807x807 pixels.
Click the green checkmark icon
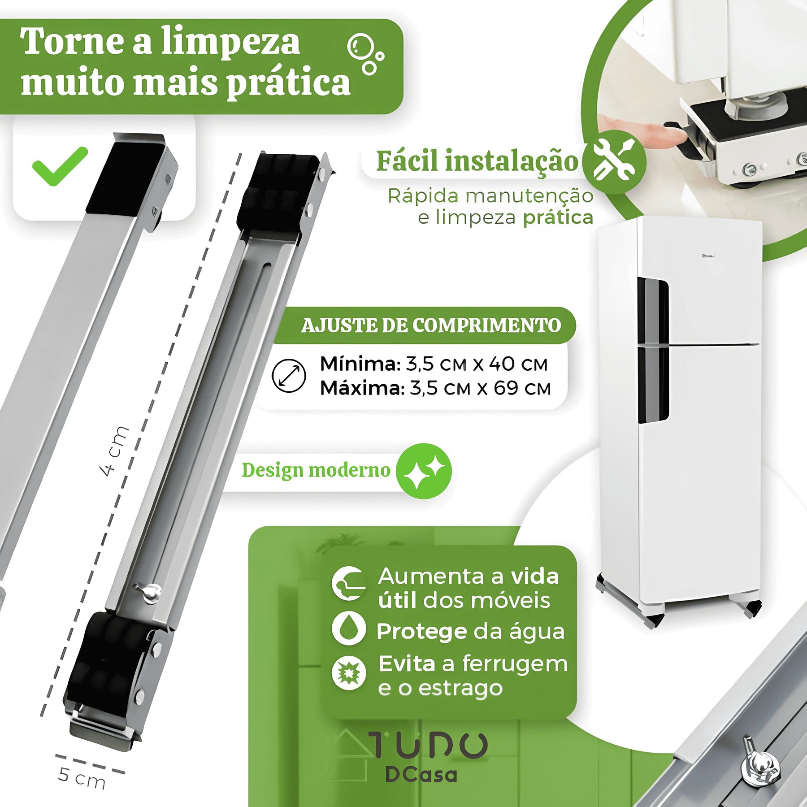pyautogui.click(x=60, y=166)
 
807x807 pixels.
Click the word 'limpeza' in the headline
pyautogui.click(x=230, y=42)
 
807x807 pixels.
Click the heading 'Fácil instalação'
pyautogui.click(x=477, y=161)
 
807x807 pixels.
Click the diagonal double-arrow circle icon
pyautogui.click(x=289, y=376)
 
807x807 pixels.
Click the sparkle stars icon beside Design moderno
pyautogui.click(x=424, y=471)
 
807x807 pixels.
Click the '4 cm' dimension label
pyautogui.click(x=114, y=450)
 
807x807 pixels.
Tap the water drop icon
pyautogui.click(x=348, y=629)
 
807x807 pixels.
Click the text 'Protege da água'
pyautogui.click(x=470, y=631)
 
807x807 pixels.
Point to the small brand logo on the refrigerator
pyautogui.click(x=708, y=256)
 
